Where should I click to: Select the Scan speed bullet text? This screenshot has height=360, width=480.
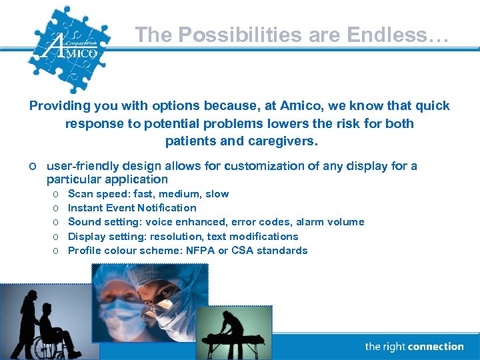pos(148,194)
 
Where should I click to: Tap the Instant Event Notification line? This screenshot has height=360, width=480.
pos(132,208)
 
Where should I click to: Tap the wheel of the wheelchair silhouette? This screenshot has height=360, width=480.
pos(45,343)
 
